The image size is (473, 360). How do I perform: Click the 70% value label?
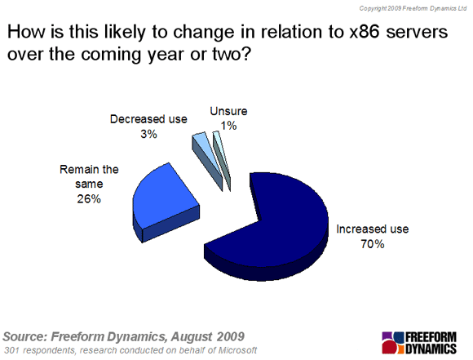(x=373, y=244)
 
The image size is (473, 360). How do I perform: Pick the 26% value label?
(x=89, y=199)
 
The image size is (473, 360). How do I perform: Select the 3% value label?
(x=148, y=134)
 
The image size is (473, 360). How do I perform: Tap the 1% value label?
(x=228, y=126)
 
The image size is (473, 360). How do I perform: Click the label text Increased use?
(x=373, y=229)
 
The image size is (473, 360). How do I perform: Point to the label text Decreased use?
(x=148, y=119)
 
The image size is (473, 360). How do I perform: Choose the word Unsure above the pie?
(x=228, y=111)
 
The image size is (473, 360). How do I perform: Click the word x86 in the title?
(x=365, y=32)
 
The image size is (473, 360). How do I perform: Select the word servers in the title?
(x=417, y=33)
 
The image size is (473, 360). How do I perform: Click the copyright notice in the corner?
(x=413, y=8)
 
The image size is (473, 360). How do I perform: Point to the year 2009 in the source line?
(x=230, y=336)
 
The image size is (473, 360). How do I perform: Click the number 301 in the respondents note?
(x=12, y=350)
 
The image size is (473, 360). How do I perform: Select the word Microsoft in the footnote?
(x=237, y=350)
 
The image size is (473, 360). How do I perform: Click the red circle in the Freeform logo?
(x=389, y=347)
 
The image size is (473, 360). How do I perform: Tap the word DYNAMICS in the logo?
(x=431, y=349)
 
